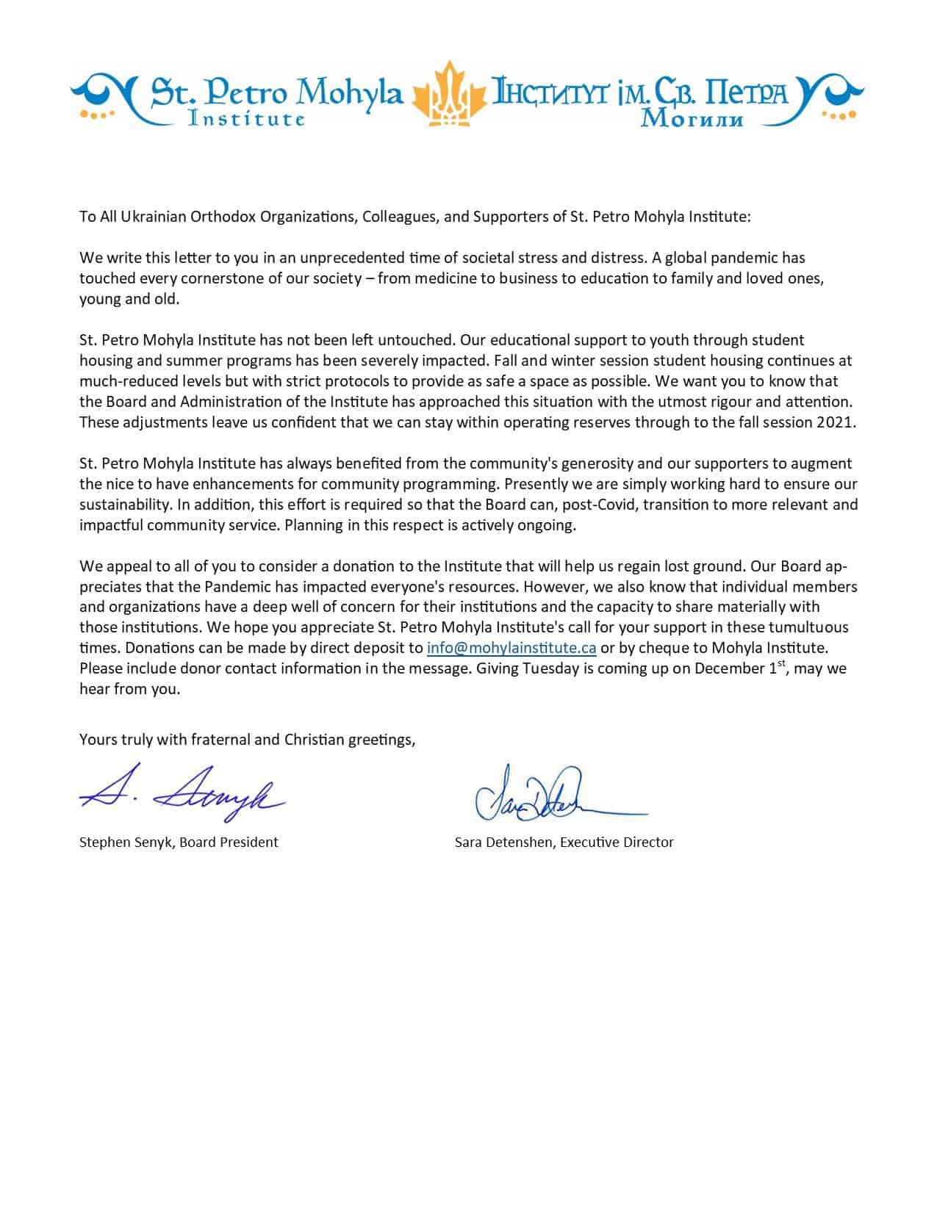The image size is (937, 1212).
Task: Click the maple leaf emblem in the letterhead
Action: tap(450, 93)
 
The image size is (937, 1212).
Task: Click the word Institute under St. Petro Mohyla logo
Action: tap(246, 118)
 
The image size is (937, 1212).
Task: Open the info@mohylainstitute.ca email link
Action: tap(511, 648)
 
